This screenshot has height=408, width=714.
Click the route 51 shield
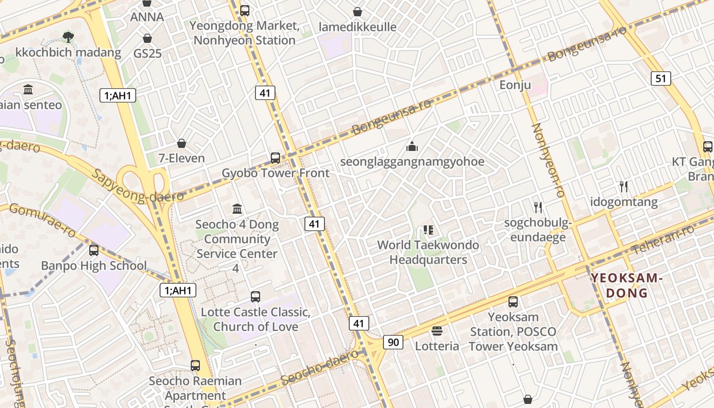(x=660, y=78)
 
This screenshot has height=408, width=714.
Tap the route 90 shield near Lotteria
(x=393, y=342)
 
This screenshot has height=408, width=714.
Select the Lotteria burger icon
(x=437, y=331)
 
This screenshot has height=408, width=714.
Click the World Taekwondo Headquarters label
(x=428, y=252)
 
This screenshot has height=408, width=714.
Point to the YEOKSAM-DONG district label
(x=626, y=286)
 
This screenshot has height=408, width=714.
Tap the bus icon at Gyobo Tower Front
(x=275, y=158)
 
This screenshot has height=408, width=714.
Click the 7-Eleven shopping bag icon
(x=181, y=143)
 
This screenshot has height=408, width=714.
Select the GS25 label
(x=147, y=53)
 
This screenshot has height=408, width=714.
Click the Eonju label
(x=515, y=85)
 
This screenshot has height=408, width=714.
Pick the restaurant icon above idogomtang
(x=624, y=187)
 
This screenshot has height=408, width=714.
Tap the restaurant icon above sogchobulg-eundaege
(x=538, y=207)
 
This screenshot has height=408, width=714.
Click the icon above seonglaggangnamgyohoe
(x=412, y=147)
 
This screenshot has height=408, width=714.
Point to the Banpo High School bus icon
(x=94, y=250)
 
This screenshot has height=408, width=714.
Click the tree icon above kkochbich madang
(x=68, y=37)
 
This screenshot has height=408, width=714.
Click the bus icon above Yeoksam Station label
(x=513, y=301)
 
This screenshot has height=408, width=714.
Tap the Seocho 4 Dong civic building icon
(x=237, y=209)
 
